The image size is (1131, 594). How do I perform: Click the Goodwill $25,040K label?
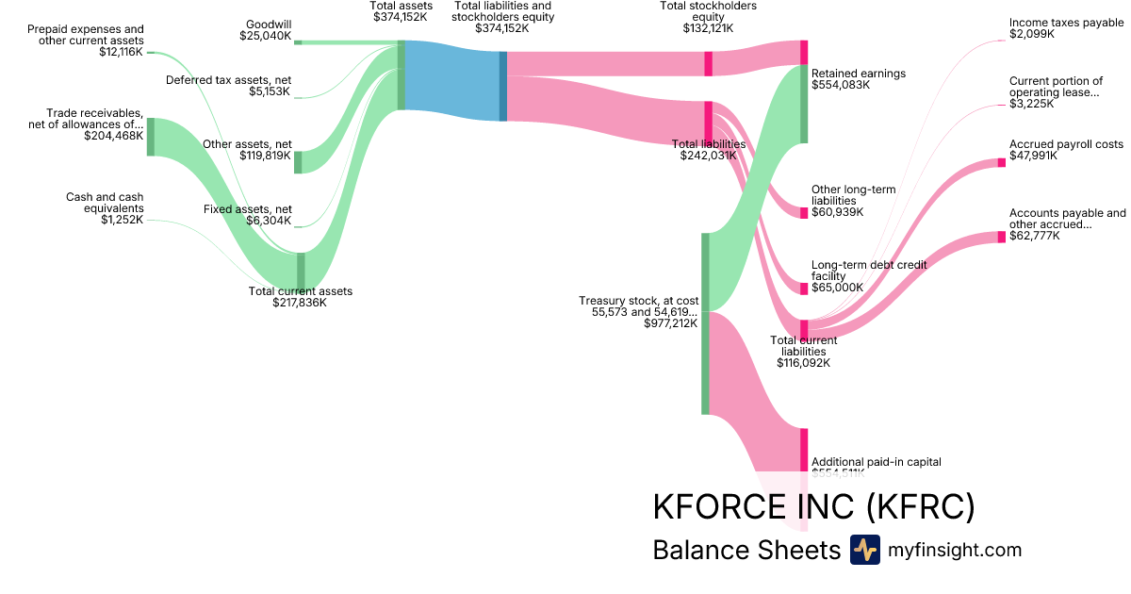tap(268, 30)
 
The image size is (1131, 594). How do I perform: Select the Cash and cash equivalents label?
tap(105, 208)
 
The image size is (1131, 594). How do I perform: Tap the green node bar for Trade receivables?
tap(150, 137)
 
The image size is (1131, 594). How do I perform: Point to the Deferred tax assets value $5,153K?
tap(270, 91)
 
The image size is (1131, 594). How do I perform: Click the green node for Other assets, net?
tap(298, 162)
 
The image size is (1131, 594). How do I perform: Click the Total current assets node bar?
tap(302, 270)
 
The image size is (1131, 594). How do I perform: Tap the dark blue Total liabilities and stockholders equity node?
tap(503, 86)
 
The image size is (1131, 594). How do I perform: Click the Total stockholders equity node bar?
tap(708, 63)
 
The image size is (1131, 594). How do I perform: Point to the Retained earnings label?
tap(858, 74)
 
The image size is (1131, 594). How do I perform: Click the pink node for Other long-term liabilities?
tap(804, 212)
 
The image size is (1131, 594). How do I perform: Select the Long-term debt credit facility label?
tap(869, 271)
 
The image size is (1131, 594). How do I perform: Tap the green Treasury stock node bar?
tap(705, 323)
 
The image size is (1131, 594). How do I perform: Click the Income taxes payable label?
tap(1066, 23)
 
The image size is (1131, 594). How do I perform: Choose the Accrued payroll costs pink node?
tap(1002, 163)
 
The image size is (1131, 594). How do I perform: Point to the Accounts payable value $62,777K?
tap(1034, 236)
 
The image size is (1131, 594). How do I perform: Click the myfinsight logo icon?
tap(864, 550)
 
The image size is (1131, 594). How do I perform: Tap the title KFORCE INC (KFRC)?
tap(813, 507)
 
